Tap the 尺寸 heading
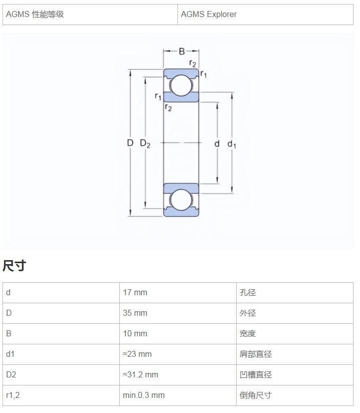14,265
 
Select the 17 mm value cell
135,292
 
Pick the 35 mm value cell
135,313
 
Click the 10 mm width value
135,333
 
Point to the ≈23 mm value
137,354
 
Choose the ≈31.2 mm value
140,374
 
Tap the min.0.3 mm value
143,395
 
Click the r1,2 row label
13,395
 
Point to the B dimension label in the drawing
182,51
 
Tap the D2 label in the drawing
145,143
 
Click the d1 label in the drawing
232,144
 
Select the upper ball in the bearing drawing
181,85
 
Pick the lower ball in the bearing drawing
181,200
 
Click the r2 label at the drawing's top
193,64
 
